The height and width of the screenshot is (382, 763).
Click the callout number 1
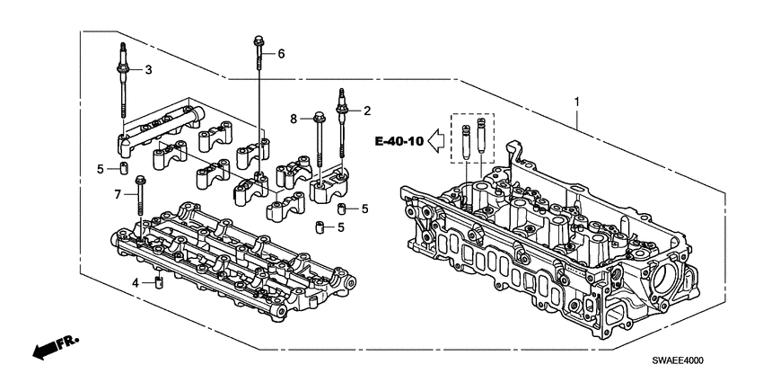click(x=577, y=103)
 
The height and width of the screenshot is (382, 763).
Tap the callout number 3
click(x=149, y=69)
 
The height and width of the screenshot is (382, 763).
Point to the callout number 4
click(x=136, y=283)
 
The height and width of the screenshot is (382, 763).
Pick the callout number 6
click(x=281, y=54)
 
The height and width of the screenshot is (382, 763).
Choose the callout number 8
click(x=293, y=118)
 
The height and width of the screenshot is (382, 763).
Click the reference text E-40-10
click(x=399, y=140)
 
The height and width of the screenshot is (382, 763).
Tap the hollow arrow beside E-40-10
click(x=437, y=140)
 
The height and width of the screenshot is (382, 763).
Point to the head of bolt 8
click(x=319, y=116)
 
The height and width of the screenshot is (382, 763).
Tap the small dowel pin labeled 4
click(x=158, y=284)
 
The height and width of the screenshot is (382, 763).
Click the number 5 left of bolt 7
click(x=101, y=168)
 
